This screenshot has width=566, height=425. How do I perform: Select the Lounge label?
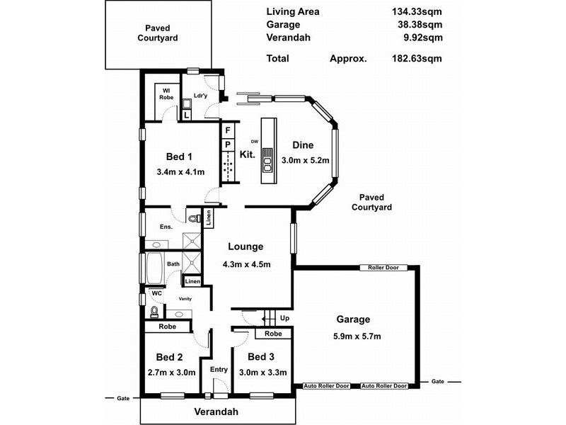[246, 247]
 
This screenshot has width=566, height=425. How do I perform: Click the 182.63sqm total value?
[418, 59]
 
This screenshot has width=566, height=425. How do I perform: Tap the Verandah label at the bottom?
[216, 412]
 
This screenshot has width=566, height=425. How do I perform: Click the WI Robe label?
[167, 93]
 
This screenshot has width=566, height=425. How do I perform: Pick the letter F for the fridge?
[228, 131]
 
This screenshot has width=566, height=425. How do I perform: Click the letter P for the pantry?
[228, 145]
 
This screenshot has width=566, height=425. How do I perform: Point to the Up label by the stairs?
[285, 318]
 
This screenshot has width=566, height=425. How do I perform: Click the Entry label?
[218, 369]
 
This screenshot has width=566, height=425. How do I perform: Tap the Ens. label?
[167, 227]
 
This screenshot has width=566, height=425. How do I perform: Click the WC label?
[156, 293]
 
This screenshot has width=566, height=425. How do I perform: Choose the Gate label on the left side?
[124, 399]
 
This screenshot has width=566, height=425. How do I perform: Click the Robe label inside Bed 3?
[273, 334]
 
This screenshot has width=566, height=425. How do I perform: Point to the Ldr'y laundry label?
[200, 96]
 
